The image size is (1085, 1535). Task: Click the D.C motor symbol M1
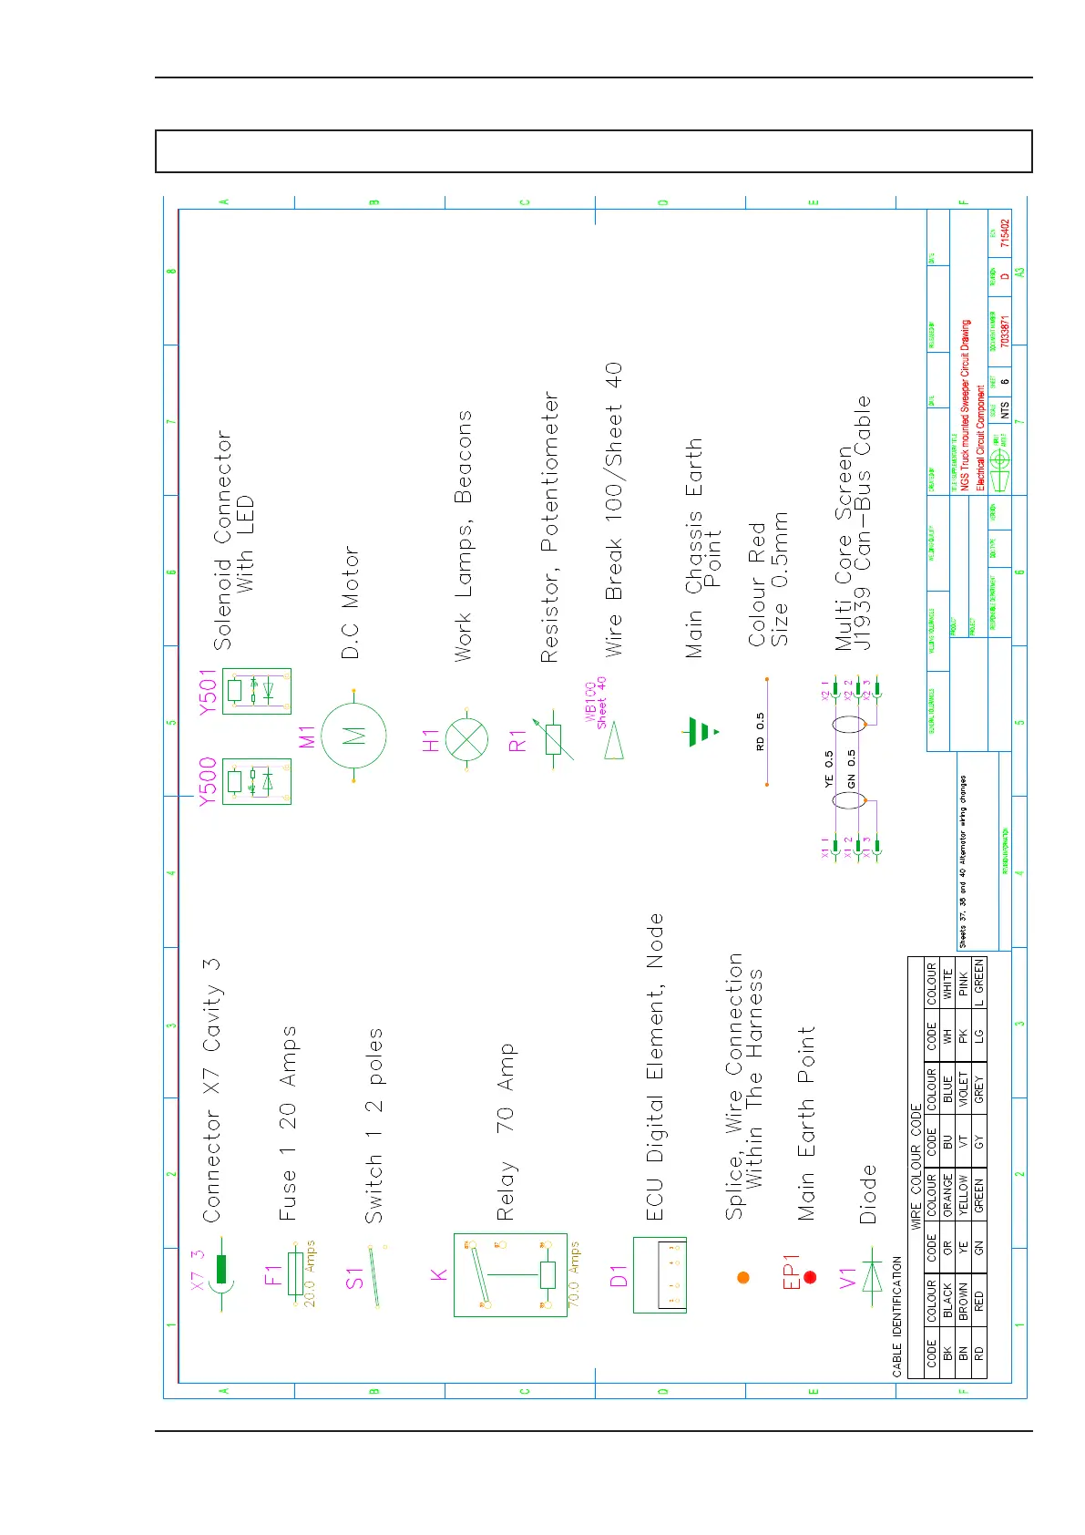353,736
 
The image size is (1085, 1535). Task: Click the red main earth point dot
810,1277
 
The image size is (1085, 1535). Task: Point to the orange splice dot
742,1277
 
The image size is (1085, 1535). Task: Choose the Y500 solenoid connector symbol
257,781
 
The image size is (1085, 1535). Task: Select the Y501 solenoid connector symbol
257,691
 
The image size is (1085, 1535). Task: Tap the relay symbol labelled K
516,1274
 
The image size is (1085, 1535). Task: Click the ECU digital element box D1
660,1274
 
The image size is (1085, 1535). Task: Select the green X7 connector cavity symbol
221,1269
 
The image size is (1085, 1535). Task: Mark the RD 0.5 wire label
760,731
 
